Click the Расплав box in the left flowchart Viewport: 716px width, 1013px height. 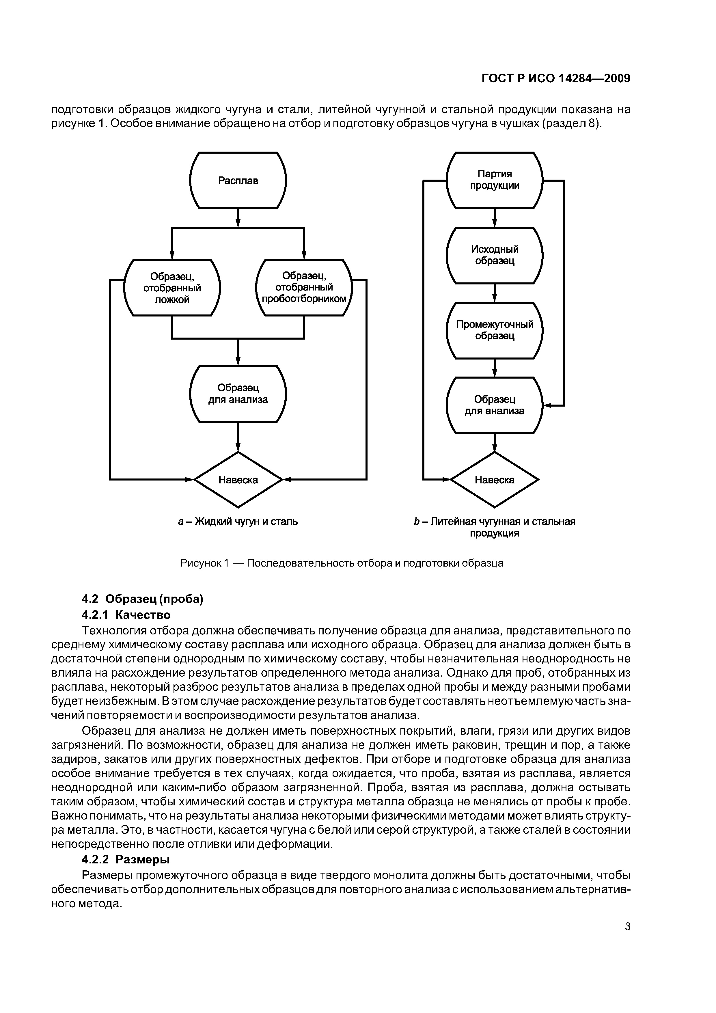point(238,180)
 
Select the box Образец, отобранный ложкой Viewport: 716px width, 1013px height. point(172,288)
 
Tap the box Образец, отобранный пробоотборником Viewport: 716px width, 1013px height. point(304,288)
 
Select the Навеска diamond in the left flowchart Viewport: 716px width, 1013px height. point(238,480)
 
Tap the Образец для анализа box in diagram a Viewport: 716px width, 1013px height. point(238,394)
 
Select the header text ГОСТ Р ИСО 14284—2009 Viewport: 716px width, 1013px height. point(556,79)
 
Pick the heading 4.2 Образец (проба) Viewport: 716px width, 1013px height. point(143,599)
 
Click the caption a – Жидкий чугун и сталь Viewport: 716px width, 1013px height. point(238,522)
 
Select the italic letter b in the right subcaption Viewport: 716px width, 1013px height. point(416,522)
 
